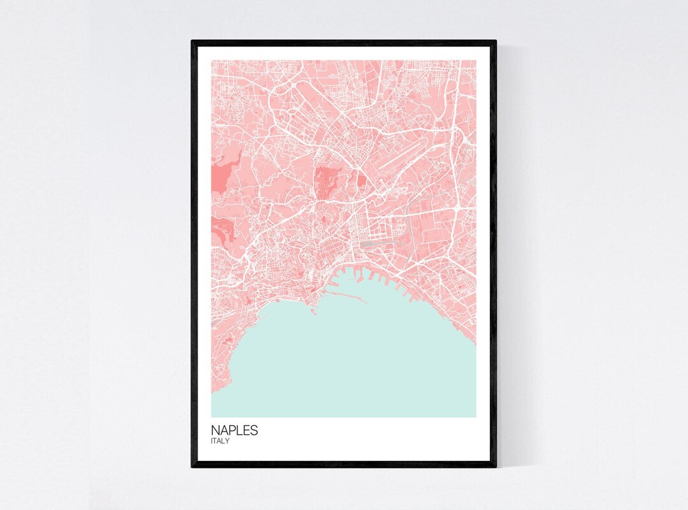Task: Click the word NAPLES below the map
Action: [x=234, y=430]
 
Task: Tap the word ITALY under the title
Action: [x=220, y=441]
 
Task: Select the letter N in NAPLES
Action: [x=215, y=430]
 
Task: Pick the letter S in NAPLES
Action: [x=254, y=430]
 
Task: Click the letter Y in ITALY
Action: [x=228, y=441]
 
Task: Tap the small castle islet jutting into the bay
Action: [x=313, y=312]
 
